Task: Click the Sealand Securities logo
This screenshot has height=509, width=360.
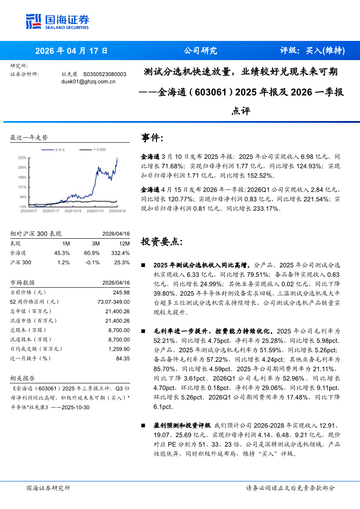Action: tap(57, 21)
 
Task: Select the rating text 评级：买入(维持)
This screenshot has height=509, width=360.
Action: tap(312, 51)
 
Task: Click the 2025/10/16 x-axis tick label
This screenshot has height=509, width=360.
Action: tap(73, 211)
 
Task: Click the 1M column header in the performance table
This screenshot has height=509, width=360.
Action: tap(66, 243)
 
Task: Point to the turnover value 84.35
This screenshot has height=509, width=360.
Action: tap(123, 358)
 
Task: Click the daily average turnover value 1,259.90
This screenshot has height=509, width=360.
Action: tap(119, 349)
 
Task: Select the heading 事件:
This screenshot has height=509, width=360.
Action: tap(153, 138)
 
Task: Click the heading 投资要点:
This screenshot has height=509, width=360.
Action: tap(162, 242)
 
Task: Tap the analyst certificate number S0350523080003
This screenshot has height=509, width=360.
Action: tap(105, 74)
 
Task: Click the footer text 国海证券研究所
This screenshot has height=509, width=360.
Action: tap(48, 488)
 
